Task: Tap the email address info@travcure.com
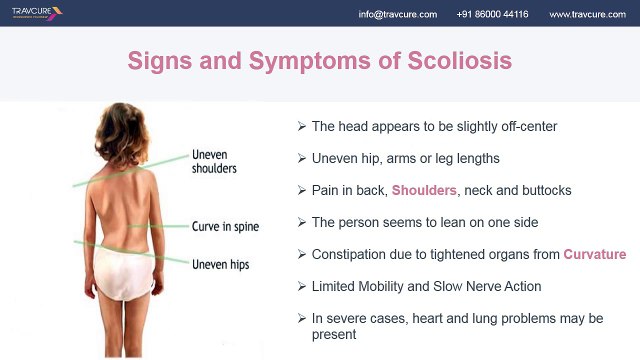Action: pos(398,14)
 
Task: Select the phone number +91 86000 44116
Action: pos(492,14)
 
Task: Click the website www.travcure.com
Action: pos(587,14)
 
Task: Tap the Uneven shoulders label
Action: pos(214,162)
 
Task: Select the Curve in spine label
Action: pos(225,227)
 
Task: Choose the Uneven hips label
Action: pos(220,265)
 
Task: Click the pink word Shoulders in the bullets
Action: pos(425,190)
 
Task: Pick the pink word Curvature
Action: pos(594,254)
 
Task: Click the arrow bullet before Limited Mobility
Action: pos(302,286)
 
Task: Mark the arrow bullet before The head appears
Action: pos(302,127)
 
